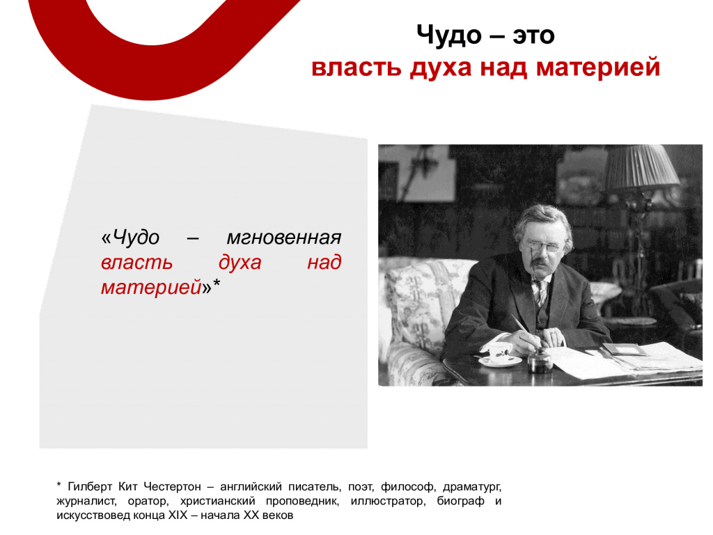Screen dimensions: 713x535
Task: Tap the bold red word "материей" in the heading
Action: pos(598,68)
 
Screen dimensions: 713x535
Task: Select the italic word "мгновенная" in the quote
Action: pos(284,238)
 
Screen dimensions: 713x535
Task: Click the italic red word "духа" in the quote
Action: pos(240,263)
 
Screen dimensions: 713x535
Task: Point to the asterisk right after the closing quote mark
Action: pos(217,284)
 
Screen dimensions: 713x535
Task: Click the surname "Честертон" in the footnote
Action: pos(173,487)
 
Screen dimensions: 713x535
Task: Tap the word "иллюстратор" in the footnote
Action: pos(389,502)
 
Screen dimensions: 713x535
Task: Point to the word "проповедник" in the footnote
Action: pos(302,502)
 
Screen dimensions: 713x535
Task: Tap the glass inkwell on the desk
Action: pos(540,361)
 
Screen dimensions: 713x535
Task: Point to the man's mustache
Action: pos(539,262)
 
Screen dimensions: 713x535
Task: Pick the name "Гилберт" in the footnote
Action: pos(90,487)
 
